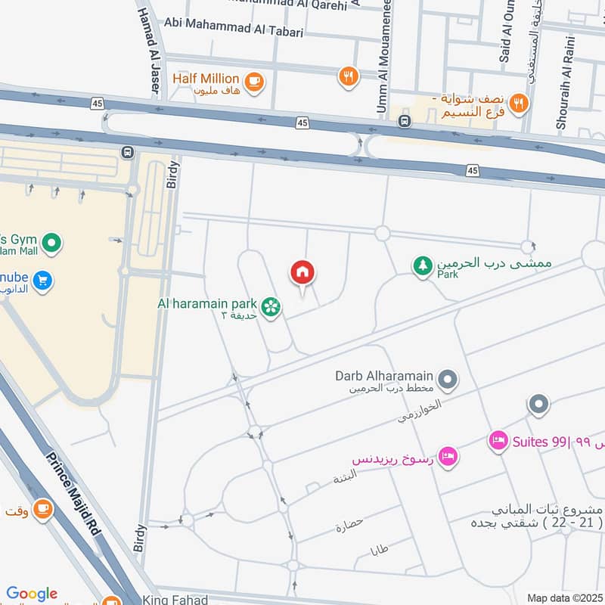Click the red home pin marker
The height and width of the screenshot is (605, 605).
tap(302, 273)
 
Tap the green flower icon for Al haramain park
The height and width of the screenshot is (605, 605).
tap(270, 306)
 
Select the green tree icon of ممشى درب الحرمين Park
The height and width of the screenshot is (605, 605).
tap(422, 265)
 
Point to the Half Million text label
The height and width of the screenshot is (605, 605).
tap(206, 79)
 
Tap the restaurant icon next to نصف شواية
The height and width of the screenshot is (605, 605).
tap(518, 104)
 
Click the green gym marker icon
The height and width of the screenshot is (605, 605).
tap(51, 244)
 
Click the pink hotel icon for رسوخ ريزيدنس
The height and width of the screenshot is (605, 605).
tap(448, 457)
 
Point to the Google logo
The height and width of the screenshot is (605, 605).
tap(32, 594)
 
